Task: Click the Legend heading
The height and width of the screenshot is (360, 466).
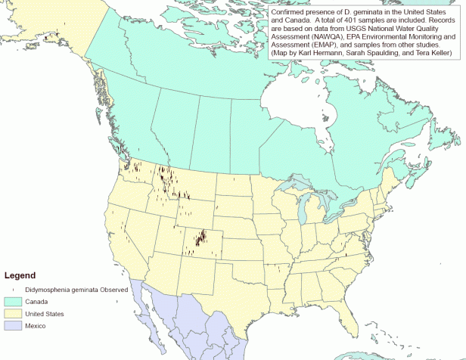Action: (x=20, y=275)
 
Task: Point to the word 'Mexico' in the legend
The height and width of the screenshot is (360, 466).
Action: (x=36, y=325)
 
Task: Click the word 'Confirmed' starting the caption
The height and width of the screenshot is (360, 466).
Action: (x=288, y=12)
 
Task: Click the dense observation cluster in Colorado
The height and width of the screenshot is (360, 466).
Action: (x=200, y=238)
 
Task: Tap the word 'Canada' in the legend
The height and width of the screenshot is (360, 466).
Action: (x=36, y=301)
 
